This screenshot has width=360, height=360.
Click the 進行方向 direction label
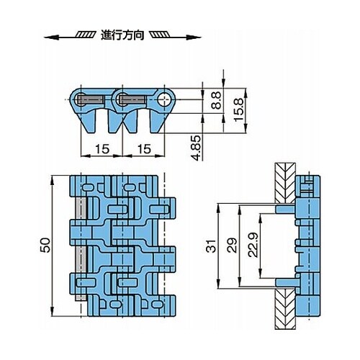pos(122,35)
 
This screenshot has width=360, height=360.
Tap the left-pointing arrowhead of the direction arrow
pos(51,37)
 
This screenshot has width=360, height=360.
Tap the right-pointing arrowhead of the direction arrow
pos(194,37)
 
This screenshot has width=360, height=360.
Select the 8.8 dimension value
pos(217,100)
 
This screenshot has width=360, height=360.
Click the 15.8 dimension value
pos(239,109)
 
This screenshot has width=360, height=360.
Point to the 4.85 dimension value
pos(195,148)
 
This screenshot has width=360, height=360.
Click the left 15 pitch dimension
pos(102,149)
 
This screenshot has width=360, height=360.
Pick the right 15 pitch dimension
pos(145,149)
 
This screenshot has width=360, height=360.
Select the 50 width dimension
pos(45,245)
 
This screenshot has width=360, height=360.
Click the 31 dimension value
pos(211,246)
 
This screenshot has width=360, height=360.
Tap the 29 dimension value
pos(232,245)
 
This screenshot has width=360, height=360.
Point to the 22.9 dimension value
pos(253,245)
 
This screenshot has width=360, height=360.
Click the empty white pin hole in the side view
pos(165,99)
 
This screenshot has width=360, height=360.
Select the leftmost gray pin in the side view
pos(91,99)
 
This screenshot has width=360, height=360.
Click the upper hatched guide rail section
pos(285,184)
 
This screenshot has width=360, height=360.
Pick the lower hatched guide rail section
pos(285,308)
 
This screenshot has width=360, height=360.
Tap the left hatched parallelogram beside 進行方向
pos(85,35)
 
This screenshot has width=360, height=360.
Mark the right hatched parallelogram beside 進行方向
pos(160,35)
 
